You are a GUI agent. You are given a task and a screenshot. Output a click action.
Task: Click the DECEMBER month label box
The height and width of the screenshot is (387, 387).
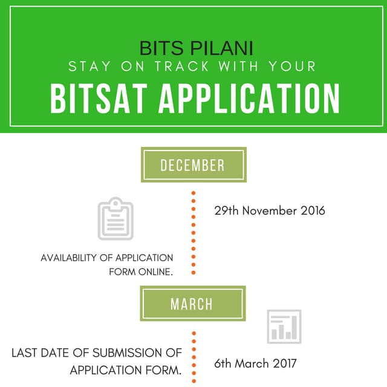[193, 165]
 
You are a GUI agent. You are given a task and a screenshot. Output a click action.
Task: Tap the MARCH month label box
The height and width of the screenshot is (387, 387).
[193, 304]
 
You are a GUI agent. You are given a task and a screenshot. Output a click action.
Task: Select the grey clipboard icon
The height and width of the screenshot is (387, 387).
[115, 219]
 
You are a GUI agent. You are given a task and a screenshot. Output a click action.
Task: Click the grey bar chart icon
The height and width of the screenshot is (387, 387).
[284, 327]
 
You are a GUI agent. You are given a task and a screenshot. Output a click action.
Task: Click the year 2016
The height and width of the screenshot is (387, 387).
[312, 211]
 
